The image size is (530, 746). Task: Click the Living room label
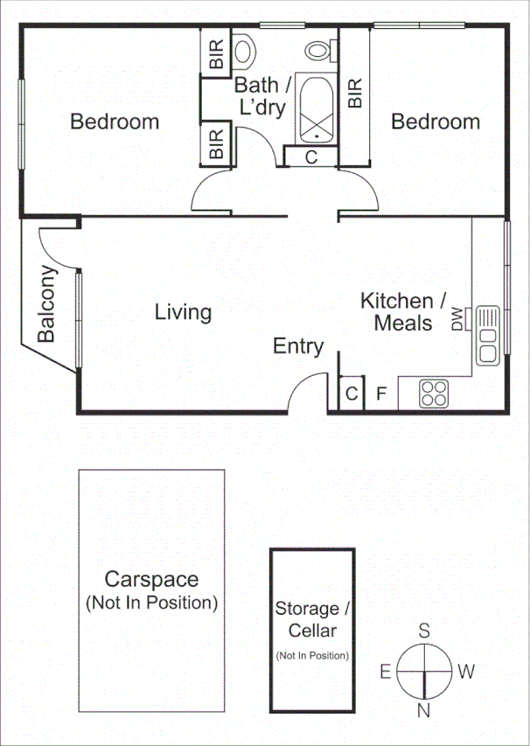click(x=183, y=312)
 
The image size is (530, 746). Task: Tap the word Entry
click(x=298, y=346)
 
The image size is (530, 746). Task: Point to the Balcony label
click(x=48, y=304)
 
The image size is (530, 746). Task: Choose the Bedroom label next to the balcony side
click(x=115, y=122)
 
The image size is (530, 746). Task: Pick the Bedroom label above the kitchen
click(x=435, y=122)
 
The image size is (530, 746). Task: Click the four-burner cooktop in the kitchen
click(x=434, y=394)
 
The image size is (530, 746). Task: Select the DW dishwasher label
click(x=457, y=319)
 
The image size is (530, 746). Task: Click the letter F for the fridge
click(x=380, y=394)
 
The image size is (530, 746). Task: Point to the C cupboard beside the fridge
click(x=351, y=394)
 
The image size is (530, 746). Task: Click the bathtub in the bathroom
click(x=316, y=110)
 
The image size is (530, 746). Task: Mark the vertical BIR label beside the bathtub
click(x=355, y=94)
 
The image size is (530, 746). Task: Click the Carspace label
click(x=151, y=579)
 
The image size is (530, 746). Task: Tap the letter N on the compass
click(x=424, y=710)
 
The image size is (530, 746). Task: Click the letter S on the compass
click(x=424, y=631)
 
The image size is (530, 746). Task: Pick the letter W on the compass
click(x=466, y=672)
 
